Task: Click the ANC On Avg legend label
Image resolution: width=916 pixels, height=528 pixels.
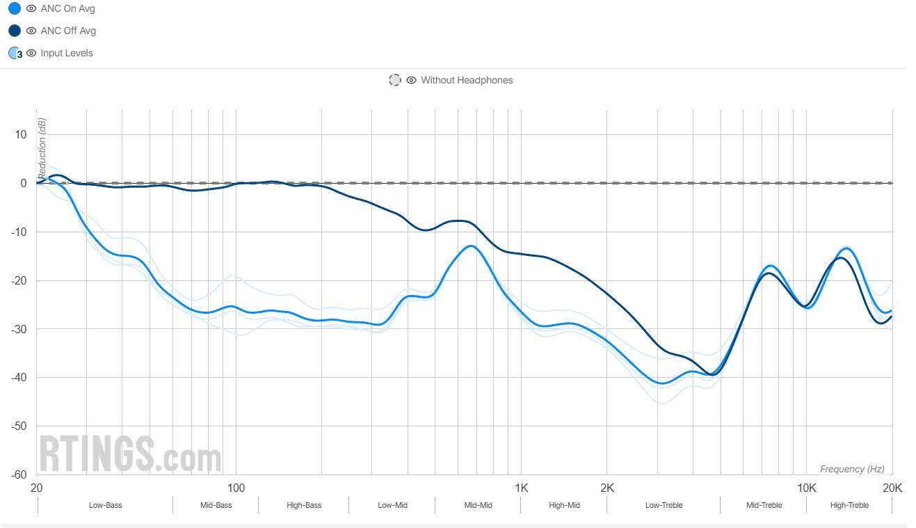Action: [67, 8]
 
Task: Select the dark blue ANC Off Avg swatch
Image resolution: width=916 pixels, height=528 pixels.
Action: [14, 31]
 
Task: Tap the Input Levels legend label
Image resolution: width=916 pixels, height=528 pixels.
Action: [66, 53]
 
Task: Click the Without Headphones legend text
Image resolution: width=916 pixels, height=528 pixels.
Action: [466, 80]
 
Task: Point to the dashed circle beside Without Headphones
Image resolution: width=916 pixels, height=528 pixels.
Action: [395, 80]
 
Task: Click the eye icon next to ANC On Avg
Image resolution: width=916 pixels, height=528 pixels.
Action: [31, 8]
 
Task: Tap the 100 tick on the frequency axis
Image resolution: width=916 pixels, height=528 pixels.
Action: [236, 488]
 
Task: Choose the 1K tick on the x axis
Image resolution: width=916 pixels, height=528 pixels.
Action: [522, 488]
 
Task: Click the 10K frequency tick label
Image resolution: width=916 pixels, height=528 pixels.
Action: [807, 488]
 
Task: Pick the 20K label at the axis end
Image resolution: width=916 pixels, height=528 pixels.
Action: [892, 488]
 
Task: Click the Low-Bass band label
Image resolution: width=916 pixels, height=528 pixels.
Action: [105, 505]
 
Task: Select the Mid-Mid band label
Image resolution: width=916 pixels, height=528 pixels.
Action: [478, 505]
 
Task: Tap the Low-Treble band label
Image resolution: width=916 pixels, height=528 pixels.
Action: [664, 505]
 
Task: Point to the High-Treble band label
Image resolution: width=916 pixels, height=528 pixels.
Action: [849, 505]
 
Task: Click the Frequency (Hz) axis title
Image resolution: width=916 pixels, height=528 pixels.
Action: [852, 469]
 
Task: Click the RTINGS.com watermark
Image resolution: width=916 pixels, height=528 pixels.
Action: [130, 454]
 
